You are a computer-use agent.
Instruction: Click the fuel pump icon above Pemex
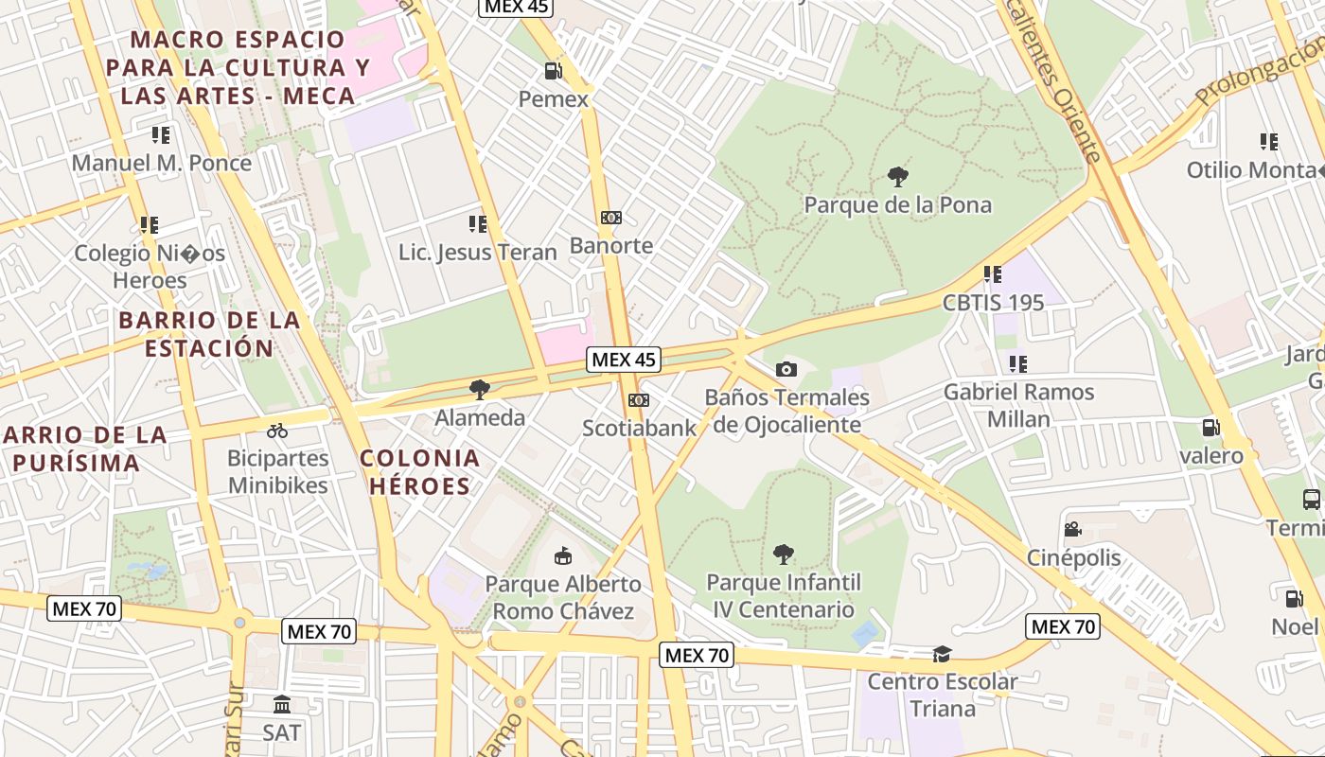coord(553,71)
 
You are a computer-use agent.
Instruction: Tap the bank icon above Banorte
coord(611,218)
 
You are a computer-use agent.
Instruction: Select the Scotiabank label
coord(639,428)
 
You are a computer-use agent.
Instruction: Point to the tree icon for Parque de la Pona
coord(897,176)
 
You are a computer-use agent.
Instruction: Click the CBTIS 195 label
coord(993,303)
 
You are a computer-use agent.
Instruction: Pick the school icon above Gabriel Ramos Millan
coord(1018,363)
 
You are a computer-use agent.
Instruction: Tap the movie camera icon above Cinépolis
coord(1072,529)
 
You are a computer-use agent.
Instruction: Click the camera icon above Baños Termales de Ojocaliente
coord(786,369)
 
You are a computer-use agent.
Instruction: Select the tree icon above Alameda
coord(480,389)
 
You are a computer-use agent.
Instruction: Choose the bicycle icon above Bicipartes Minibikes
coord(277,431)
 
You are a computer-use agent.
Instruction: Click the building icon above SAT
coord(282,704)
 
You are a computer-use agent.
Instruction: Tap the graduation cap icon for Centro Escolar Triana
coord(942,654)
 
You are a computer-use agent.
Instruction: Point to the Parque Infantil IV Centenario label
coord(784,595)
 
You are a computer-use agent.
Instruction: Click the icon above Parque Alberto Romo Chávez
coord(563,555)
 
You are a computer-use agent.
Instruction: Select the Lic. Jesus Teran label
coord(477,253)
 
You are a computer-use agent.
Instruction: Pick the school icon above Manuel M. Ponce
coord(161,134)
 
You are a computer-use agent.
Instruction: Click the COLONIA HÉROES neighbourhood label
coord(419,472)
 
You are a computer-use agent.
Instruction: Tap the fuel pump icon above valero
coord(1210,428)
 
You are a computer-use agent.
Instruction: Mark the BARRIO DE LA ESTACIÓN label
coord(209,334)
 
